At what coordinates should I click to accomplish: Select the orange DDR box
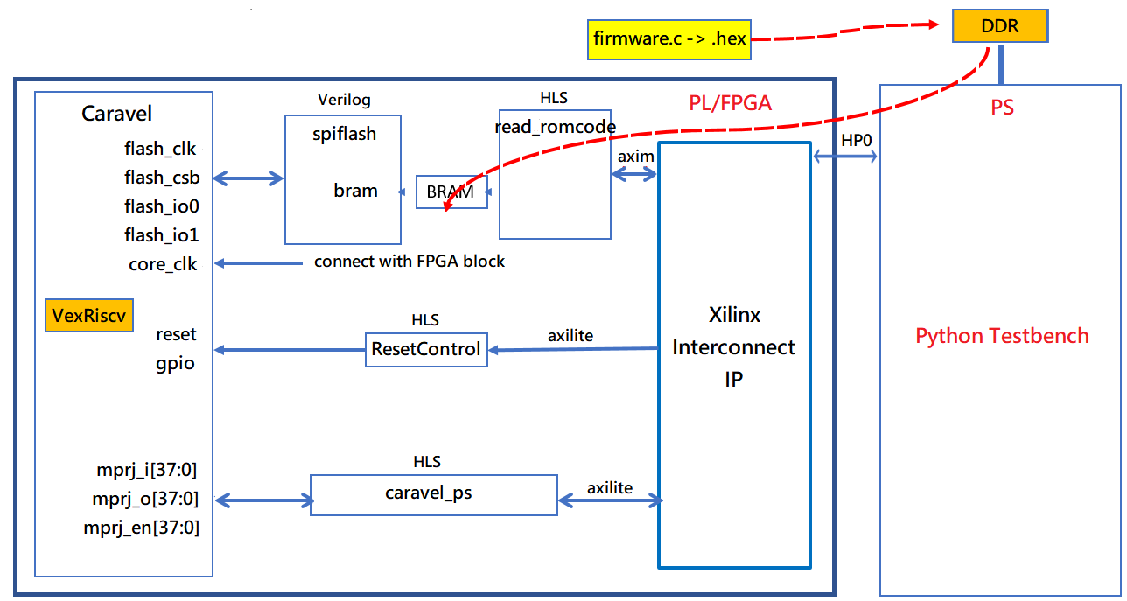[999, 27]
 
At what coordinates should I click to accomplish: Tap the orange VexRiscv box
[89, 316]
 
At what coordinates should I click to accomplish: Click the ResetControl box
[426, 350]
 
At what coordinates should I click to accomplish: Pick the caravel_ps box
[433, 493]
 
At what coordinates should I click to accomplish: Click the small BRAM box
[451, 192]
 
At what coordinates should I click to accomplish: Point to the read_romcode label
[555, 127]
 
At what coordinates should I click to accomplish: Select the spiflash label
[344, 135]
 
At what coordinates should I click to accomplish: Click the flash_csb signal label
[162, 178]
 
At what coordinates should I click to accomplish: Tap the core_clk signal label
[164, 264]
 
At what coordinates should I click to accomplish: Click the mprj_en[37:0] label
[141, 528]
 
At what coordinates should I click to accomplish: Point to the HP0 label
[856, 140]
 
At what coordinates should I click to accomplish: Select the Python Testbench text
[1002, 336]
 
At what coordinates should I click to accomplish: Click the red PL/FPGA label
[729, 103]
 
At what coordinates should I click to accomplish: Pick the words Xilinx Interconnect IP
[733, 347]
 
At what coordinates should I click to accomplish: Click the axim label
[635, 156]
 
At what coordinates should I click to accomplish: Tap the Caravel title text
[116, 114]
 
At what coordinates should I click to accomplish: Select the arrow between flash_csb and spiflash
[249, 179]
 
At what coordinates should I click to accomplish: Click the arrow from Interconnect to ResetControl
[573, 350]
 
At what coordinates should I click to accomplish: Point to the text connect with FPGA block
[409, 262]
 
